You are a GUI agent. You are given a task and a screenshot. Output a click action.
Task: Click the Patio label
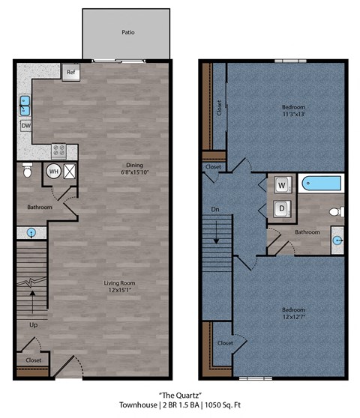[x=127, y=33]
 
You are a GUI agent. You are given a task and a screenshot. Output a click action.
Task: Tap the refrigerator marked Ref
[x=71, y=73]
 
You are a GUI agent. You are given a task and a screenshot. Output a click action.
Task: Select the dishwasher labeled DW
[x=26, y=127]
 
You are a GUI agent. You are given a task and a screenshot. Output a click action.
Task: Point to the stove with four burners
[x=59, y=150]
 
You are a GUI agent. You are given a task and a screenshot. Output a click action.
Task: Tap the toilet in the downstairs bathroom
[x=27, y=172]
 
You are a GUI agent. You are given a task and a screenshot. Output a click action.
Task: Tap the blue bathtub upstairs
[x=321, y=183]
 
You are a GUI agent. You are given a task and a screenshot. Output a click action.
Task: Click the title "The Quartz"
[x=179, y=394]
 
